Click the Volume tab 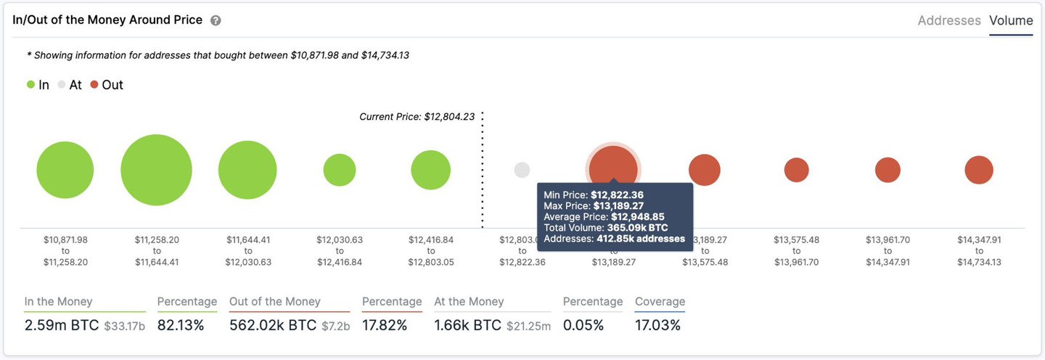point(1011,21)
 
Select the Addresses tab point(948,21)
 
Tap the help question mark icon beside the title point(216,21)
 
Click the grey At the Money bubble point(522,170)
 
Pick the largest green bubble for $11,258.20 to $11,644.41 point(156,170)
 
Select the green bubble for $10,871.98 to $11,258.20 point(65,170)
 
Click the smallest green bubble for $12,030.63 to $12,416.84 point(340,170)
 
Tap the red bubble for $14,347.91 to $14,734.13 point(979,170)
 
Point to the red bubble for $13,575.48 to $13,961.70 point(796,170)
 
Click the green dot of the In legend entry point(30,85)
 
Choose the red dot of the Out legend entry point(94,85)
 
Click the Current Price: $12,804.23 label point(417,116)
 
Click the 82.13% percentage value point(181,325)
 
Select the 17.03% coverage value point(657,325)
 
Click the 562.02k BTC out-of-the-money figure point(272,325)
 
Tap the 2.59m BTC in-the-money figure point(61,325)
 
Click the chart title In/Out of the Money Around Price point(107,20)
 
